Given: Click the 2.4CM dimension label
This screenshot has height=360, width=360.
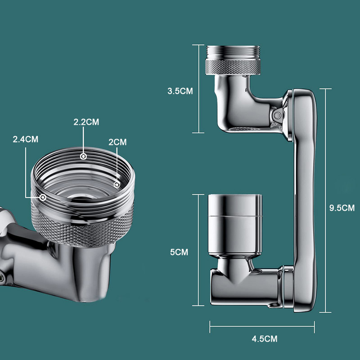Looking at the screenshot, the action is point(26,139).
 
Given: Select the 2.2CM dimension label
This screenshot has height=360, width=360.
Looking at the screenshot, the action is point(86,122).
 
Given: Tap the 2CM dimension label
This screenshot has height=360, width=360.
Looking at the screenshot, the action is point(117,142).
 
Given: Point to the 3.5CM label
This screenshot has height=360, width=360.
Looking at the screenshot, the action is point(180,91).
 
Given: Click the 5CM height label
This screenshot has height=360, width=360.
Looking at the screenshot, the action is point(179,252).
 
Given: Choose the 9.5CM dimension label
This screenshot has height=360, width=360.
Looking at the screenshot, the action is point(342,208).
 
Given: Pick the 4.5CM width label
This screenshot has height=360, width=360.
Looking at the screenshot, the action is point(265,339).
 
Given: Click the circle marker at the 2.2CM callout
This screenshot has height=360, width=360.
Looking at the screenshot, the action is point(83,157).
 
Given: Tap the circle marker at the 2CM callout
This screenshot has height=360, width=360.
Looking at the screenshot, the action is point(117,184).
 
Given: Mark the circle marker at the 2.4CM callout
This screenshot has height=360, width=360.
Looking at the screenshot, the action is point(43,197).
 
